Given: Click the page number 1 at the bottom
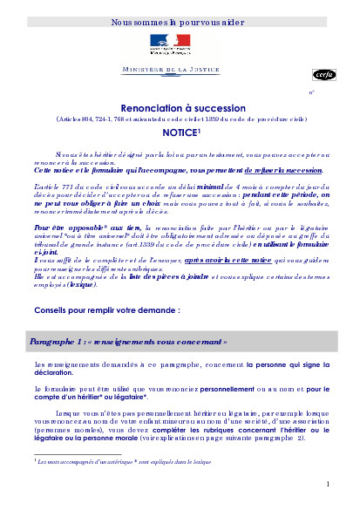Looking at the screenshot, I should coord(329,483).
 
